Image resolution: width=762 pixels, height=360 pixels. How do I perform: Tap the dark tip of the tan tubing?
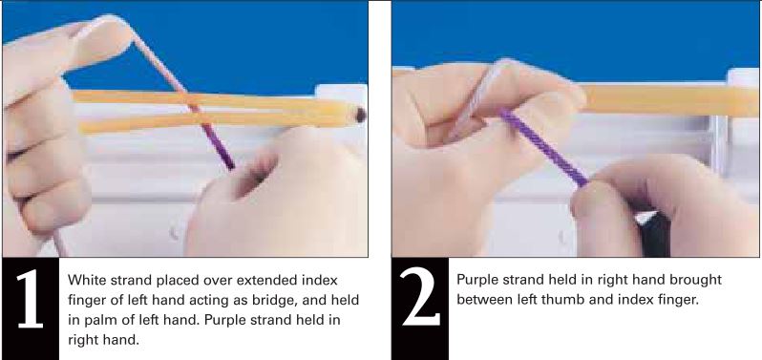pos(361,116)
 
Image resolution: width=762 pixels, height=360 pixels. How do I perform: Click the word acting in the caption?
pos(239,301)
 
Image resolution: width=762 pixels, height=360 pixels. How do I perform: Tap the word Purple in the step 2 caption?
pos(478,280)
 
